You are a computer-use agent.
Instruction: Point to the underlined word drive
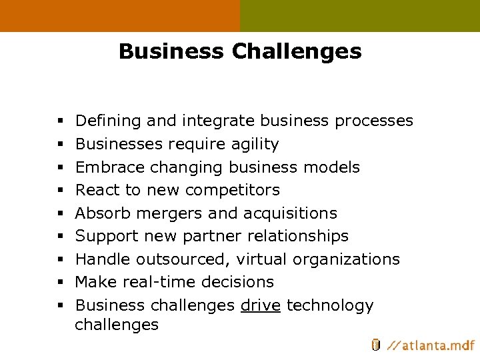pos(261,305)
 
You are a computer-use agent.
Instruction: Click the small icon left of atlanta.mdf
pos(376,345)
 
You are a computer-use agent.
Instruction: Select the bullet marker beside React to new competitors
pos(60,191)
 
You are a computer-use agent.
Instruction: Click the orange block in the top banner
pos(120,15)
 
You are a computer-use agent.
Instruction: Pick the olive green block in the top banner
pos(360,15)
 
